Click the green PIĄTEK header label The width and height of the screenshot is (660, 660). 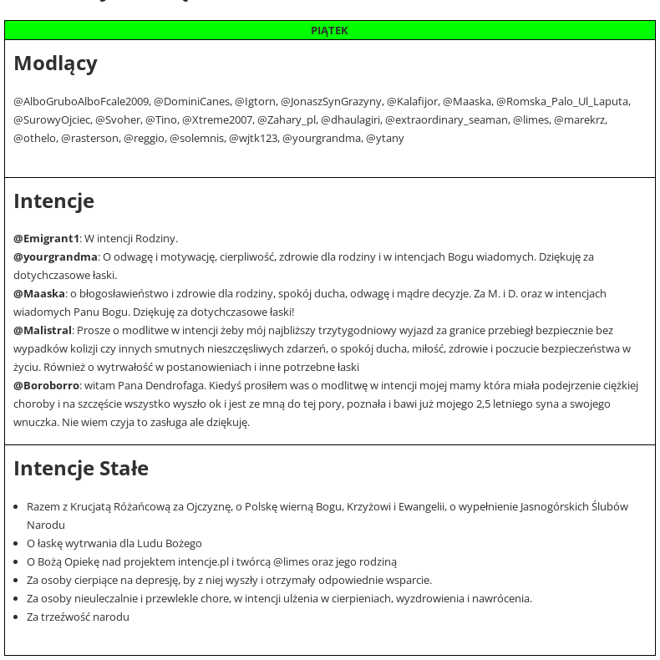329,31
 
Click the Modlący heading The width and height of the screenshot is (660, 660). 55,63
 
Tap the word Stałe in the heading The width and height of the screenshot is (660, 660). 124,469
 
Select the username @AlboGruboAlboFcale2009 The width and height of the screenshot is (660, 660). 81,102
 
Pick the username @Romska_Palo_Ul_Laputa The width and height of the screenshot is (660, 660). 562,102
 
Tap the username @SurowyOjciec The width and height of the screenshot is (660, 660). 52,120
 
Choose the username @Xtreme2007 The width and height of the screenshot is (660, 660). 217,120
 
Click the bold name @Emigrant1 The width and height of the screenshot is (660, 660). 47,239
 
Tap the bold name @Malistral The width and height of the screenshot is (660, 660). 43,331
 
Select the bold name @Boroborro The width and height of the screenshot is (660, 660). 46,386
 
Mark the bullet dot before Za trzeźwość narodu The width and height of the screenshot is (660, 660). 18,617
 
